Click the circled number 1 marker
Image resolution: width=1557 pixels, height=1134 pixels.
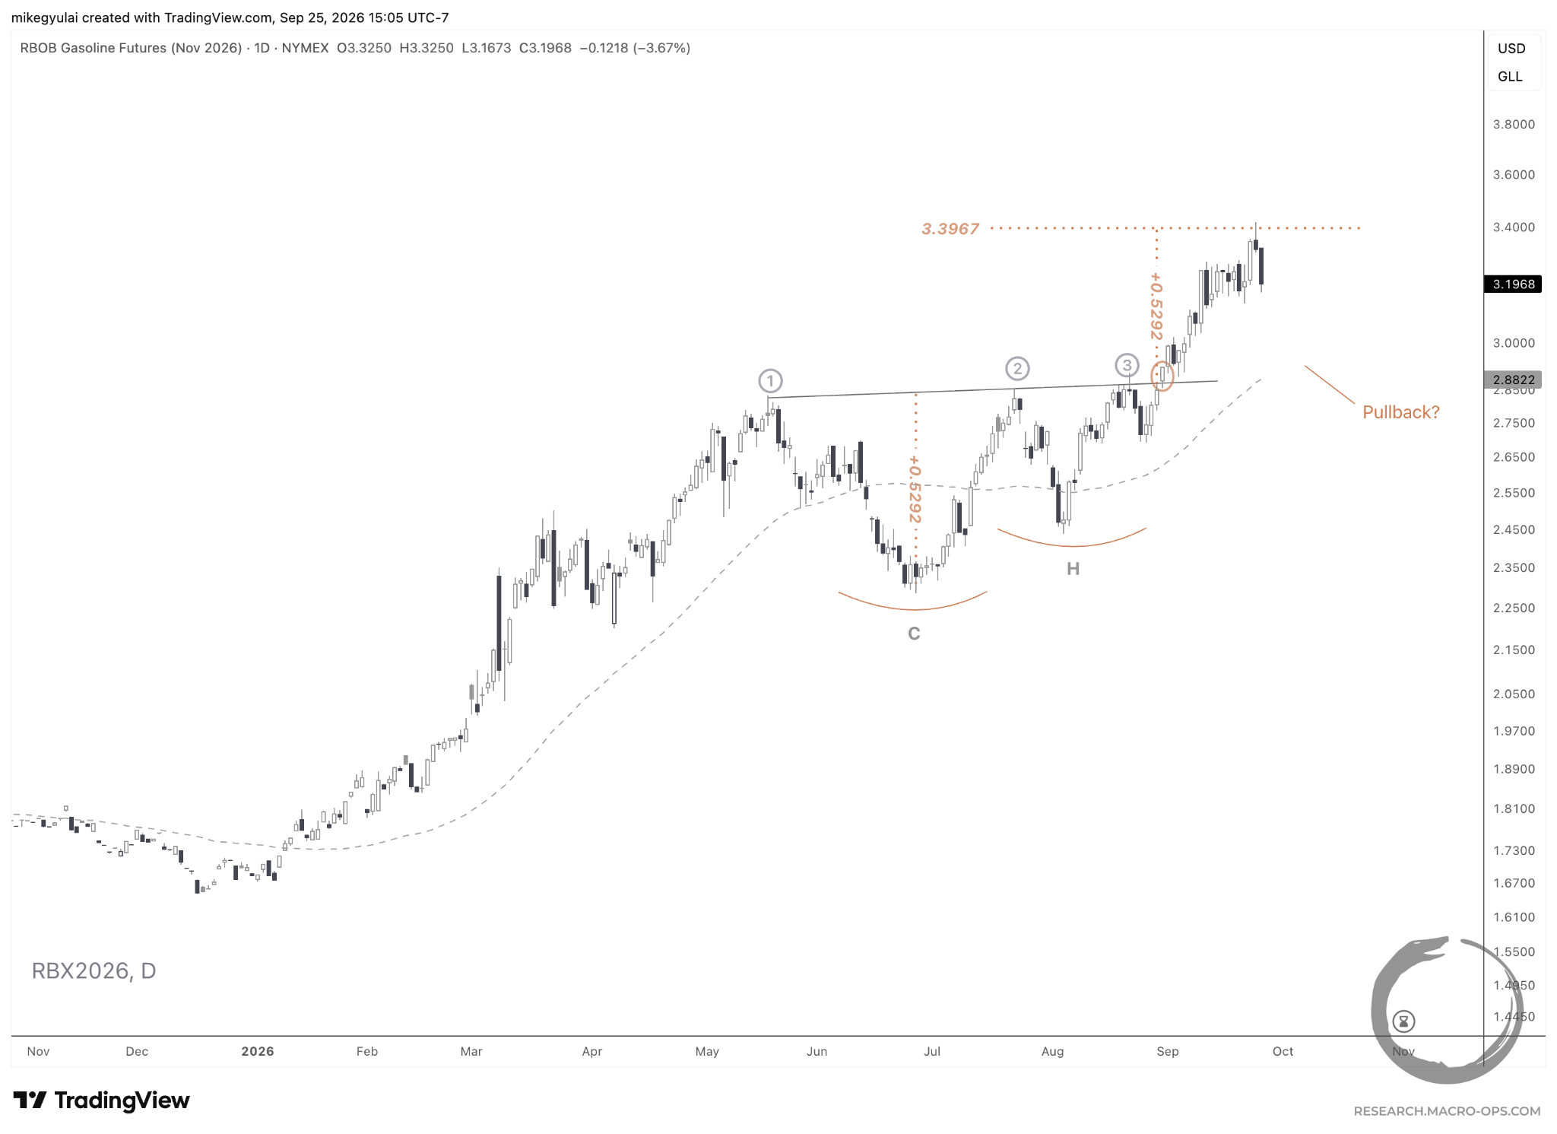[770, 380]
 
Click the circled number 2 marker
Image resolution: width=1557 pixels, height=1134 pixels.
[1017, 369]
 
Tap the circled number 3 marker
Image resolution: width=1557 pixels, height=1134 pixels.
[1127, 365]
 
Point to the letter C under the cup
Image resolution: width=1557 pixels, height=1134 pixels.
[914, 634]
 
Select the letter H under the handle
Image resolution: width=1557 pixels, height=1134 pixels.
[1073, 569]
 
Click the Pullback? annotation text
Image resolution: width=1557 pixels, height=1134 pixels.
[1401, 412]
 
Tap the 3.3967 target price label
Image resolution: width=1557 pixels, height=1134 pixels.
[950, 229]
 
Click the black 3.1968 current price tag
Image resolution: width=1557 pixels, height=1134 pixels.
[1513, 284]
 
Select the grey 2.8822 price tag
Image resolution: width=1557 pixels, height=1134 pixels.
[1513, 380]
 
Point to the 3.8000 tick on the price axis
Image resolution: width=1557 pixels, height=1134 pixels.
[1514, 125]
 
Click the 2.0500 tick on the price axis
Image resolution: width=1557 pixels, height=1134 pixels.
[1514, 694]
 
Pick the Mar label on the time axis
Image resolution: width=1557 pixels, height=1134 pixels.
[471, 1051]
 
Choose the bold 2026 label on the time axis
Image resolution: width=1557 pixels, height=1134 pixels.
[258, 1051]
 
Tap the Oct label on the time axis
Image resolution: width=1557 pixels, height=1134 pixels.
[1283, 1051]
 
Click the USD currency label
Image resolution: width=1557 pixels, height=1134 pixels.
[1511, 49]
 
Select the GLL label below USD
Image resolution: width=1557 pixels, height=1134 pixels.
[1510, 77]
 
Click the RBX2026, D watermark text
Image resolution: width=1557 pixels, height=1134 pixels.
[94, 971]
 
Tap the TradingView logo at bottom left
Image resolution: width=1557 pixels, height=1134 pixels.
[101, 1101]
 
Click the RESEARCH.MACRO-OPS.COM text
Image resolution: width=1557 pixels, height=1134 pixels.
[1447, 1111]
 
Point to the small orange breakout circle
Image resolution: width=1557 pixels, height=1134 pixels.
[1162, 375]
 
